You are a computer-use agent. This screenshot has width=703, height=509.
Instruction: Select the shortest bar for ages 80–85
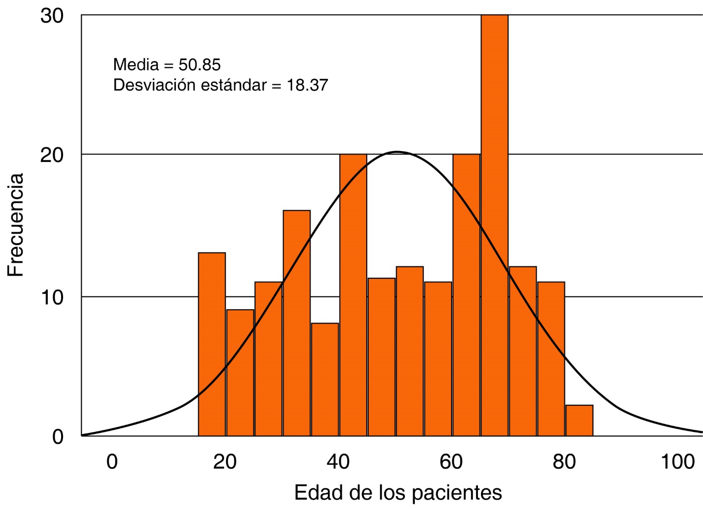tap(579, 421)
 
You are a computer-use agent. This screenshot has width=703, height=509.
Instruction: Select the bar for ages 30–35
tap(297, 323)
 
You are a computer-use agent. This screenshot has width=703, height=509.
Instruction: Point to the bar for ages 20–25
tap(240, 372)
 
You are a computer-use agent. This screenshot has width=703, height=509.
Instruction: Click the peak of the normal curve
tap(397, 152)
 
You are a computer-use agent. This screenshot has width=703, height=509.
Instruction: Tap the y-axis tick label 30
tap(52, 16)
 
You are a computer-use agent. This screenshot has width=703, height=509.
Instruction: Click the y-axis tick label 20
tap(52, 155)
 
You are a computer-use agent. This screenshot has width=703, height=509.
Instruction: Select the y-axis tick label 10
tap(52, 297)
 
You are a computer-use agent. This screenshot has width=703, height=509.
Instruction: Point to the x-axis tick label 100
tap(678, 462)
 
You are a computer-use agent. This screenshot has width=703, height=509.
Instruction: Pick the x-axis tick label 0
tap(112, 462)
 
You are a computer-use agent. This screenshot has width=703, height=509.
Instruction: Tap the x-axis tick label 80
tap(565, 462)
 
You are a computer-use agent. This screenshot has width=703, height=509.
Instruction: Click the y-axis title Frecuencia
tap(16, 225)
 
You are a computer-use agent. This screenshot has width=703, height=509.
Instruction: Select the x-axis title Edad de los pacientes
tap(398, 493)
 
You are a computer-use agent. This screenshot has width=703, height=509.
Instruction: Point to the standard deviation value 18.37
tap(307, 85)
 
